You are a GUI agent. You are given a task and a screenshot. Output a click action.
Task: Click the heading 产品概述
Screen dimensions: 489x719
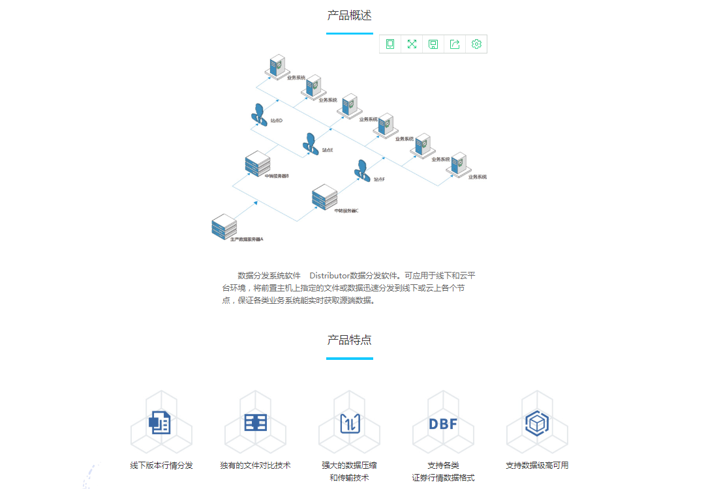(x=350, y=15)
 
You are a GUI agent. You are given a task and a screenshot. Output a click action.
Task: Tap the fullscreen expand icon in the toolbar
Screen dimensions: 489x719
(x=412, y=44)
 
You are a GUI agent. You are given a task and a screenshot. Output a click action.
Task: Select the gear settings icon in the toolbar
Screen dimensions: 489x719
(x=476, y=44)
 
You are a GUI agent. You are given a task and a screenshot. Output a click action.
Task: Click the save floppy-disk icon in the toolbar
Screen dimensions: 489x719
(x=433, y=44)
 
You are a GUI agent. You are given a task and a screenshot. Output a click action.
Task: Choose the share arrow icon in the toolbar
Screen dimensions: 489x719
(x=455, y=44)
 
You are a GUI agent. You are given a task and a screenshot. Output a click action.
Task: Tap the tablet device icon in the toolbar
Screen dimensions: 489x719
(x=390, y=44)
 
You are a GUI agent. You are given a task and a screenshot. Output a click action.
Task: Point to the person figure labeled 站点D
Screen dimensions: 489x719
(x=259, y=113)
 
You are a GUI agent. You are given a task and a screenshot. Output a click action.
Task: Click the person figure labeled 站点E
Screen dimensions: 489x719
(x=311, y=143)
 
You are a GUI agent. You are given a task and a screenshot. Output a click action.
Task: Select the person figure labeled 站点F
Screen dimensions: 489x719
(x=362, y=170)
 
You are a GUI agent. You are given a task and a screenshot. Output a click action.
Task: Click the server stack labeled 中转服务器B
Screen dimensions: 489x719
(x=257, y=164)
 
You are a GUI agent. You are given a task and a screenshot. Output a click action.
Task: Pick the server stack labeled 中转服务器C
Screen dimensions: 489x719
(x=324, y=197)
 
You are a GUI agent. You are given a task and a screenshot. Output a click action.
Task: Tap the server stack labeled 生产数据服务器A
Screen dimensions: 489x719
(x=224, y=226)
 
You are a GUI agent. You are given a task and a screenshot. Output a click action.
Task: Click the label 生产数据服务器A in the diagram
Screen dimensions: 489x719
(x=247, y=240)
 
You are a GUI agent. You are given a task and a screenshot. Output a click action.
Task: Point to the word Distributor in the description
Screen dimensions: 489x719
(x=329, y=275)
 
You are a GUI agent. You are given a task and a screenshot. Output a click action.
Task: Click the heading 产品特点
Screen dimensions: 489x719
(x=350, y=340)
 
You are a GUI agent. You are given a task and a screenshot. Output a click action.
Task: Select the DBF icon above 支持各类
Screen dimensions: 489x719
(x=443, y=423)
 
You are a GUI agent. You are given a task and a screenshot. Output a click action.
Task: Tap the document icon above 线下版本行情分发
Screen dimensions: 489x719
(x=160, y=422)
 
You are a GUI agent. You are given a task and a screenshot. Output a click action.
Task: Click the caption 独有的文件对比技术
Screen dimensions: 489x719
(x=255, y=466)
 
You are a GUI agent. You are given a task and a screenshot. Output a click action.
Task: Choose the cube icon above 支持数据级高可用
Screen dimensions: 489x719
(x=537, y=423)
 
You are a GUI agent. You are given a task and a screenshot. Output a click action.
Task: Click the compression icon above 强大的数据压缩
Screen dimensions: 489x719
(x=350, y=423)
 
